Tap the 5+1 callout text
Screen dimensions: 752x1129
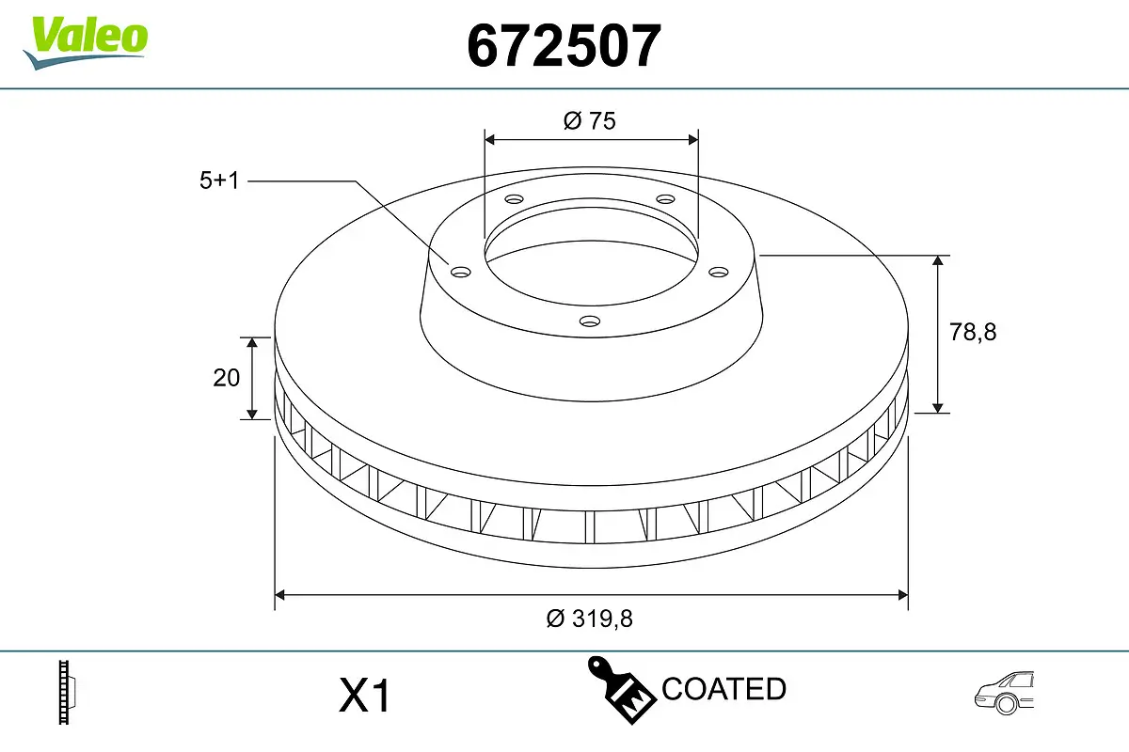tap(220, 181)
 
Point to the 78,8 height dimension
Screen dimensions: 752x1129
tap(973, 332)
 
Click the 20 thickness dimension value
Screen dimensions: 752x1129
tap(227, 378)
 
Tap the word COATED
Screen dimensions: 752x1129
tap(724, 689)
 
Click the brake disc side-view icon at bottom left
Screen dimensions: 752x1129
tap(66, 693)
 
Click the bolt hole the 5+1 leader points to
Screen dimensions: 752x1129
tap(460, 273)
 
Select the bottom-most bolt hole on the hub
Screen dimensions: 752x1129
tap(590, 321)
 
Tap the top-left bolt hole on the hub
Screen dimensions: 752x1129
tap(514, 199)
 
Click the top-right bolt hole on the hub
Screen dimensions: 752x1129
tap(665, 199)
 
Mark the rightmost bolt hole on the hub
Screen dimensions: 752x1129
tap(719, 273)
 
